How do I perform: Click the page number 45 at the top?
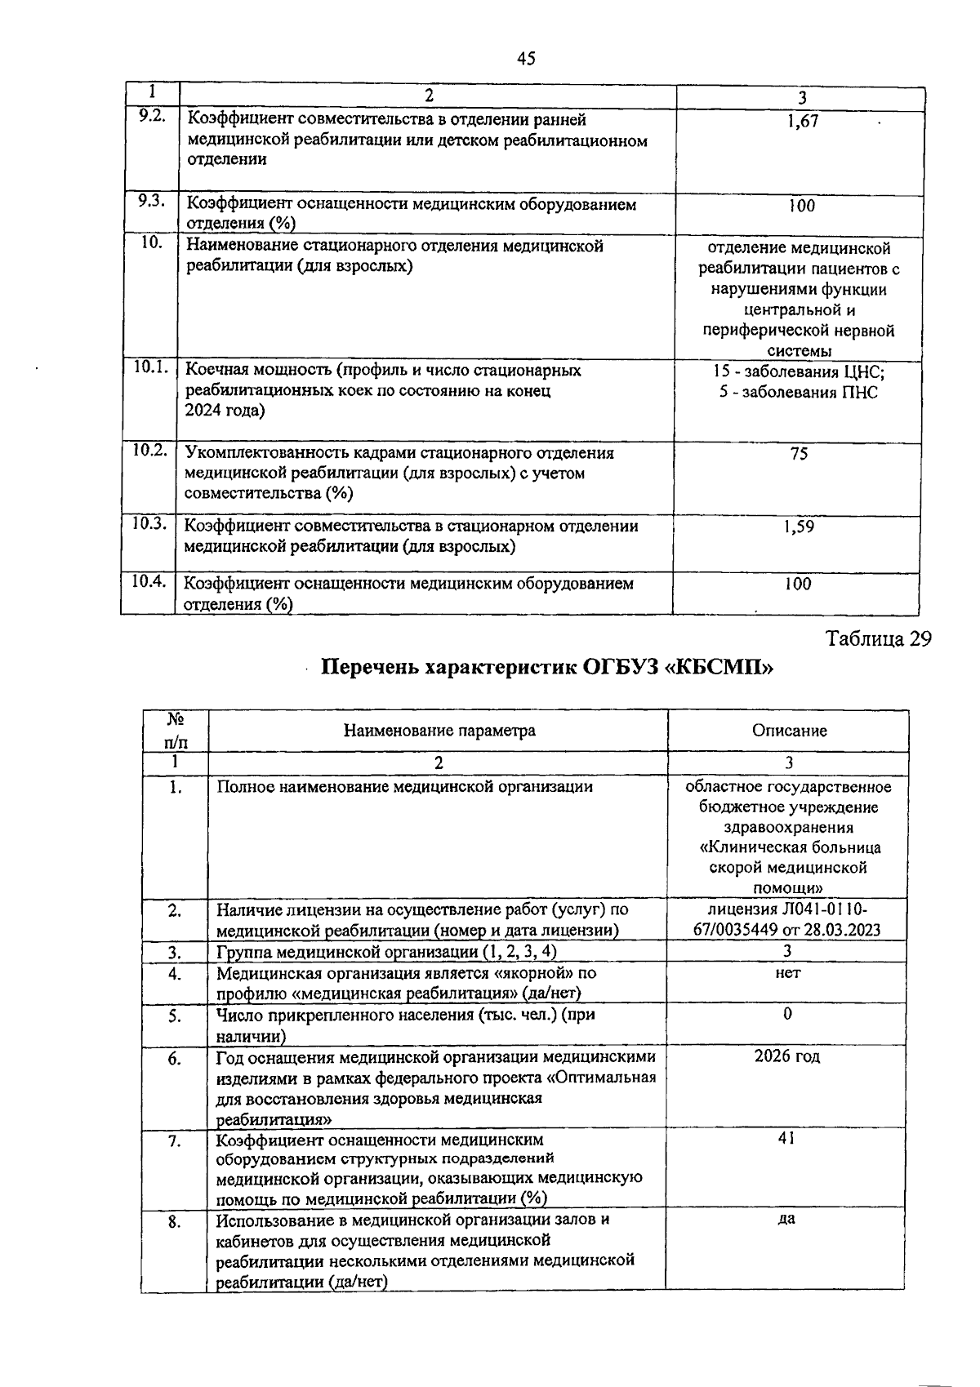click(527, 58)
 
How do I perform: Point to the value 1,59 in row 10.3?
click(798, 527)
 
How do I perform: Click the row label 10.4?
click(149, 582)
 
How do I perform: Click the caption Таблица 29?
click(879, 638)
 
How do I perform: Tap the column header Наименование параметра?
click(439, 730)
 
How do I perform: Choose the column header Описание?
click(790, 731)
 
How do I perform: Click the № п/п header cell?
click(175, 731)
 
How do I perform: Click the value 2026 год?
click(787, 1056)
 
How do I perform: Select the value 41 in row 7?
click(787, 1138)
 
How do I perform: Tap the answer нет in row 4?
click(787, 973)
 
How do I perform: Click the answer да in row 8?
click(787, 1219)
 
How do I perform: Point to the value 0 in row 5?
click(787, 1014)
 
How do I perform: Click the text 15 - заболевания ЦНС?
click(799, 372)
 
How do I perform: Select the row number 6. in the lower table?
click(175, 1059)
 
